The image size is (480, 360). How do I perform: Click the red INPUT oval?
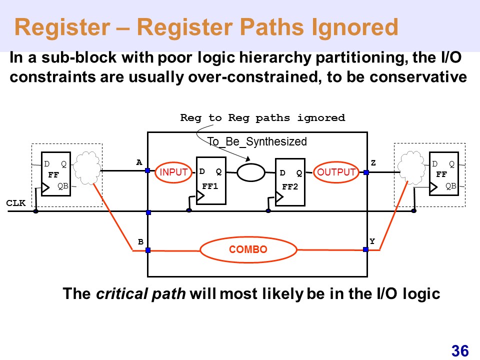pos(173,172)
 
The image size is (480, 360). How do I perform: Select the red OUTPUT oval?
pos(336,172)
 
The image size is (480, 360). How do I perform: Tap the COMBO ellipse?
pos(248,249)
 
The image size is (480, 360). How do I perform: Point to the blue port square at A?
pos(147,170)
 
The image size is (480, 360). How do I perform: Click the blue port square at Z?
pos(366,172)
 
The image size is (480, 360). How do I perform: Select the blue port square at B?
pos(148,250)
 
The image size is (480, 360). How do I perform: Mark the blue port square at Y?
pos(365,249)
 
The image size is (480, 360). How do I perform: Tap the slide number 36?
pos(459,351)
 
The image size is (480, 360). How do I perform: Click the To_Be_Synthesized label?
pos(256,141)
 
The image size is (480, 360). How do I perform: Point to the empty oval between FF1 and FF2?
pos(250,173)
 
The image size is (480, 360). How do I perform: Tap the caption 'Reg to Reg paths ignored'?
pos(262,118)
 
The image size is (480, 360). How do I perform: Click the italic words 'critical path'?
pos(141,294)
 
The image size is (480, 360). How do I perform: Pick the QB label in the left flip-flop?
pos(62,186)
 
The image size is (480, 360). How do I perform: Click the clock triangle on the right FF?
pos(433,187)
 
